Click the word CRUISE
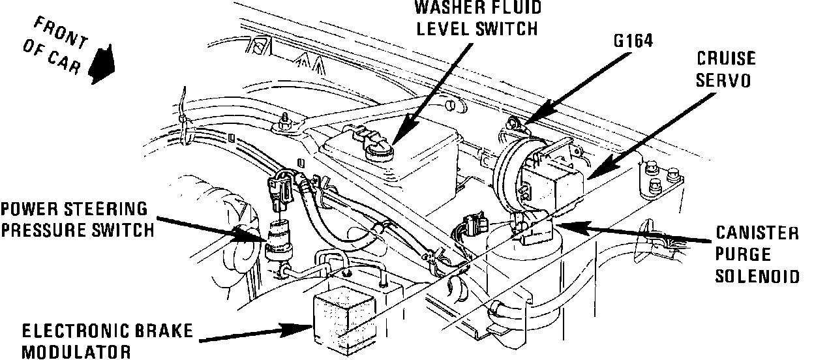pos(726,59)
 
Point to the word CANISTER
pos(757,233)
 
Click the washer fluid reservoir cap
pos(380,153)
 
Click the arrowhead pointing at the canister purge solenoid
pos(557,226)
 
